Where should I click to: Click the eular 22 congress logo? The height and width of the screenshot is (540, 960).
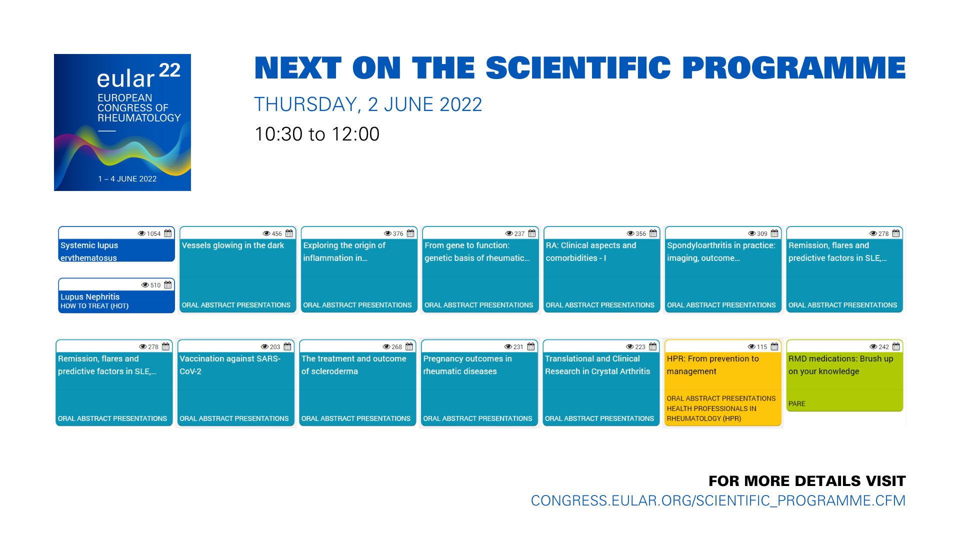point(122,122)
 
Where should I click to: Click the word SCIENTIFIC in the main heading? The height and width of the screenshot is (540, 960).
point(578,68)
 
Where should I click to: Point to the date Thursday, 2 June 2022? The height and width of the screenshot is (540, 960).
point(368,104)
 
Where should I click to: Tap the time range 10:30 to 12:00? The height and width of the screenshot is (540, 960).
point(317,134)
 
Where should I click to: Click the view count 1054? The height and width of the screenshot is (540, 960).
point(153,233)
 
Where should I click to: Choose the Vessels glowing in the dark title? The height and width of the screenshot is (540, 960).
point(233,245)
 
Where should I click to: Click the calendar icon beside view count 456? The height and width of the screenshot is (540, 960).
point(289,233)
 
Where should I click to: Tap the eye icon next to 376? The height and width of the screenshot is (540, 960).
point(387,233)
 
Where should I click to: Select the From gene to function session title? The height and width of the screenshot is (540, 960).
point(476,251)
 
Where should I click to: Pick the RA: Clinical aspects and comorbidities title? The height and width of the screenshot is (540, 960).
point(590,251)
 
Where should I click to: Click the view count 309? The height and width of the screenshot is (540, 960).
point(761,233)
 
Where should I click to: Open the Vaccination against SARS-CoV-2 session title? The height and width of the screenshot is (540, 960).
point(230,365)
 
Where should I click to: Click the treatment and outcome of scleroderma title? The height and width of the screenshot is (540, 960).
point(353,365)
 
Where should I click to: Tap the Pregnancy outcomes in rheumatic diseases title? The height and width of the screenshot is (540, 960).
point(467,365)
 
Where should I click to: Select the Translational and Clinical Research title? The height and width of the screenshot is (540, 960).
point(597,365)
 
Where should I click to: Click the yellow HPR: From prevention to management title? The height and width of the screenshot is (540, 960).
point(712,365)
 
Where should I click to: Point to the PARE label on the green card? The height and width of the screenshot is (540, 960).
point(796,403)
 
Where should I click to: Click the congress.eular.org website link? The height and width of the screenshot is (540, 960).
point(718,500)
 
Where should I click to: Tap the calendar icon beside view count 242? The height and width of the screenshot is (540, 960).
point(896,346)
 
